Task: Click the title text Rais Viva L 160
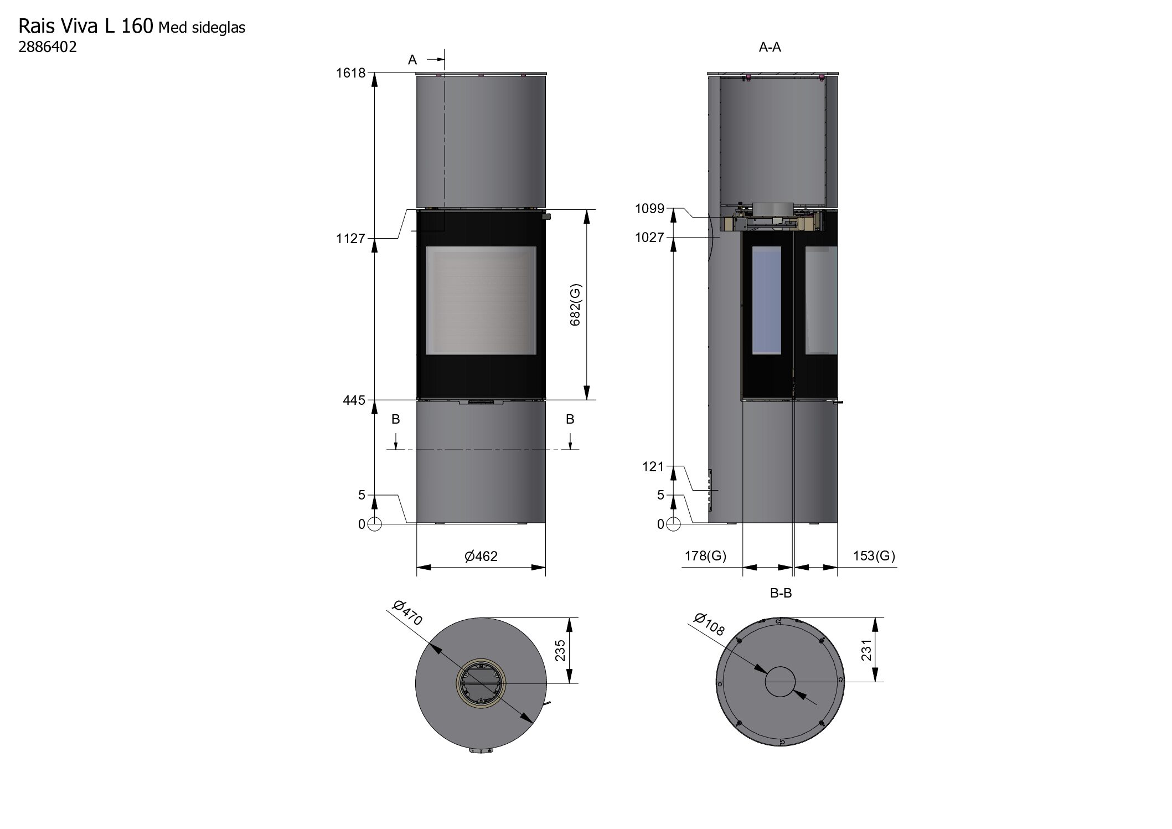86,25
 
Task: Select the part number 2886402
48,47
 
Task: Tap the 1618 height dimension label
351,73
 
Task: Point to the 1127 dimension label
351,238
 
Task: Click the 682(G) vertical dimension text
576,305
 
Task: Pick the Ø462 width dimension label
481,556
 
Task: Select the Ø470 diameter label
407,613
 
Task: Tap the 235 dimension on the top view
560,651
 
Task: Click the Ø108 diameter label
709,624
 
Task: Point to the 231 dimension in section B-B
866,650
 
